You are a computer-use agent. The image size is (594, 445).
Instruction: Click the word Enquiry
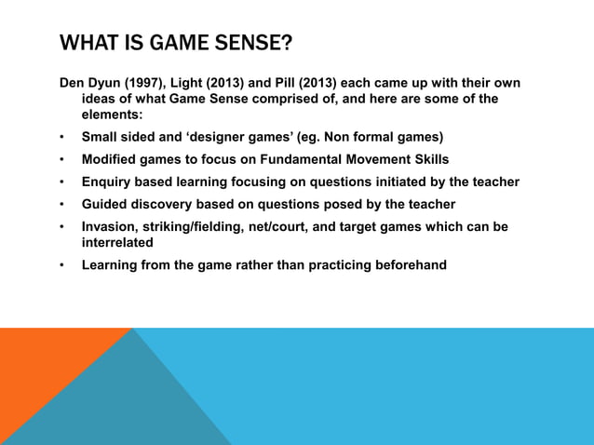click(109, 182)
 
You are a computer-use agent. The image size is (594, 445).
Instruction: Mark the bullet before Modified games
click(62, 159)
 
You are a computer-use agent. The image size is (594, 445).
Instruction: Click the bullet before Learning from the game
click(62, 265)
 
